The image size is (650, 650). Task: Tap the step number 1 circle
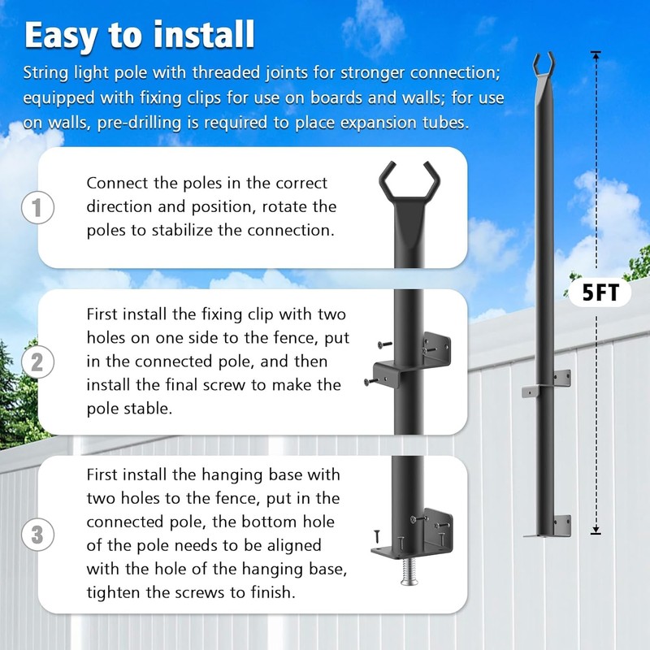tap(37, 207)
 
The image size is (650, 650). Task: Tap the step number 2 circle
tap(37, 362)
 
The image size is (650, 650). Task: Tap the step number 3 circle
tap(37, 535)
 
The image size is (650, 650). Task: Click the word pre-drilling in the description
tap(167, 123)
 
